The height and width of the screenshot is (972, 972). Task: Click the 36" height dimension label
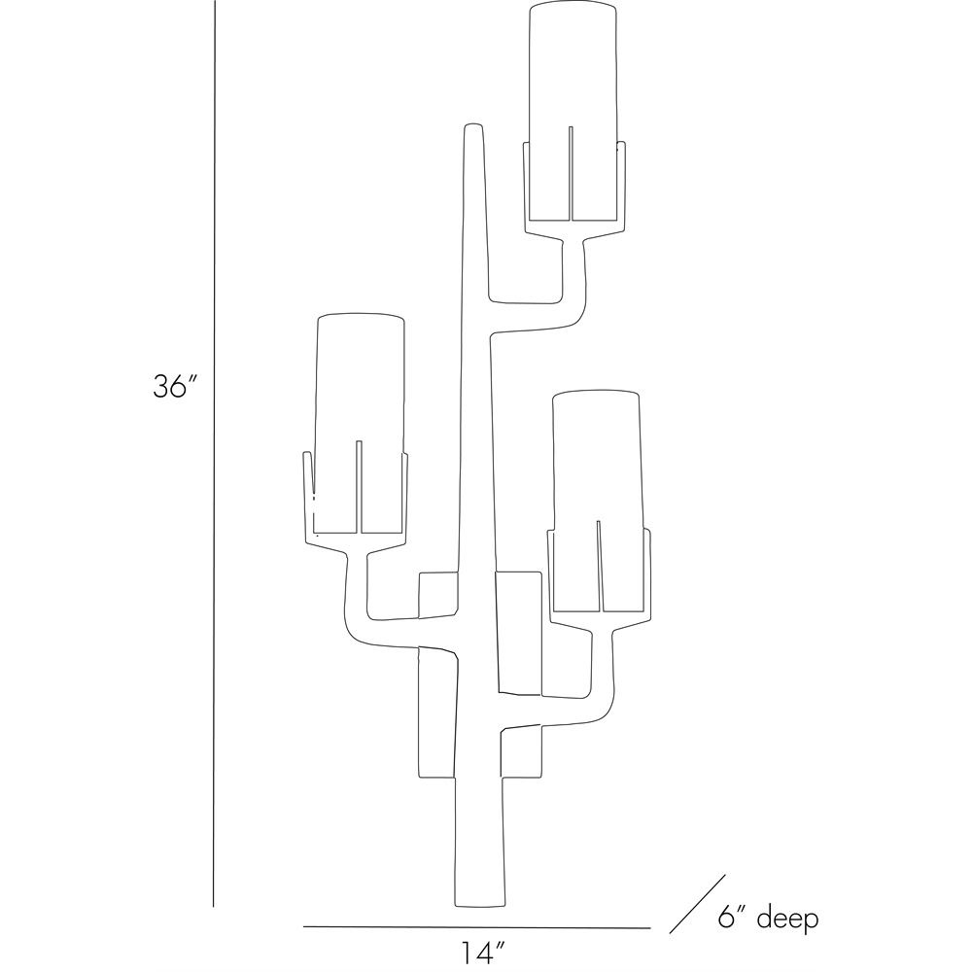[x=175, y=387]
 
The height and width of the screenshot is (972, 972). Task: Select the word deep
[x=787, y=918]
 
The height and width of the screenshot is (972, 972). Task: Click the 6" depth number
[x=733, y=918]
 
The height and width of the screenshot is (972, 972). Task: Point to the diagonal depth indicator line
[x=698, y=903]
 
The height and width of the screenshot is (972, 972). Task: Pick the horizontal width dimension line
[x=476, y=927]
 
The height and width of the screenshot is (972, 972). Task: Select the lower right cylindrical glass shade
[x=597, y=457]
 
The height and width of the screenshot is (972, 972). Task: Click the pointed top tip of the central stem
[x=473, y=128]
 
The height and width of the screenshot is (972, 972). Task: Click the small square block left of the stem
[x=437, y=595]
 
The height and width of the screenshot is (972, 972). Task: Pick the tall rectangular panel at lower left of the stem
[x=434, y=714]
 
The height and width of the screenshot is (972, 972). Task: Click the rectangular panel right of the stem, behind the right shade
[x=518, y=632]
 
